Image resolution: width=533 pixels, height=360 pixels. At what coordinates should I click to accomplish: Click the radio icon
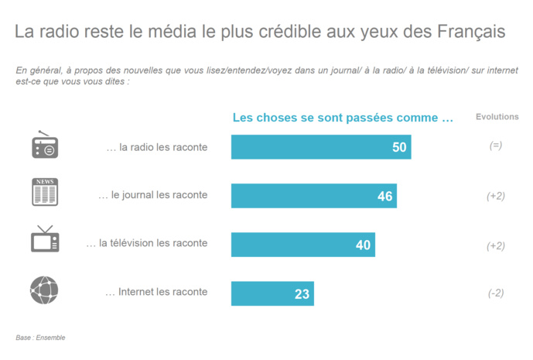click(45, 145)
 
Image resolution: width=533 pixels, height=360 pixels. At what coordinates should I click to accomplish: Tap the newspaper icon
click(45, 192)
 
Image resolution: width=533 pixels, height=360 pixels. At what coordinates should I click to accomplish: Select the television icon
click(45, 239)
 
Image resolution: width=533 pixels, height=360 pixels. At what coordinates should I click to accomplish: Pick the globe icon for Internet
click(44, 290)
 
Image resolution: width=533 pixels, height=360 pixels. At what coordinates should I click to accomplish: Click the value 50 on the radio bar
click(399, 147)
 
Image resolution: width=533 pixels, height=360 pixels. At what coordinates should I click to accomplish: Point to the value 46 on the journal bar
click(384, 196)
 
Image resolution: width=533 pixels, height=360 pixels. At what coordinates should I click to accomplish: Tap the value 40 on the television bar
click(364, 245)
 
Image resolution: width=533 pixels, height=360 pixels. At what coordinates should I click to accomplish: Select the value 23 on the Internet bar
click(302, 293)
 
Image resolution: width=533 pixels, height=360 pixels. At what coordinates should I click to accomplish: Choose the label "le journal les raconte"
click(152, 195)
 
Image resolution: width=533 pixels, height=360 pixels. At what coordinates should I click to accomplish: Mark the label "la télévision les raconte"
click(147, 243)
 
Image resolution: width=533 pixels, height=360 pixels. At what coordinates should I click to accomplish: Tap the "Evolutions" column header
click(497, 117)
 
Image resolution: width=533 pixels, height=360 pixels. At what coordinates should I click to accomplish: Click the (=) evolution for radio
click(496, 146)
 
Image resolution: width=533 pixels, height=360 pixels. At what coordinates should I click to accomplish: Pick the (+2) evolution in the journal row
click(496, 196)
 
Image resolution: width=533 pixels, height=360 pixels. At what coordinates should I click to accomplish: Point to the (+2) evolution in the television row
click(496, 245)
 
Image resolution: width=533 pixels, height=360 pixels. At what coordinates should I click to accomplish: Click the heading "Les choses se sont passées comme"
click(343, 118)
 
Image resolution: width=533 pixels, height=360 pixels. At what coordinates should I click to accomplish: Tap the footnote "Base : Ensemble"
click(40, 338)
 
